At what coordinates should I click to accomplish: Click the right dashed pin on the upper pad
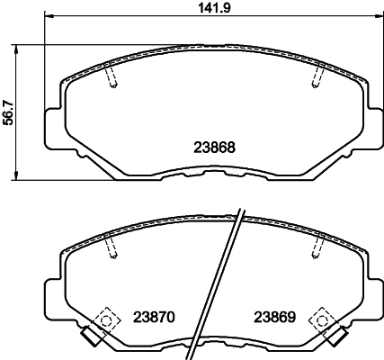pos(316,78)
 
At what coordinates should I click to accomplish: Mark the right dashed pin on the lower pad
pos(316,246)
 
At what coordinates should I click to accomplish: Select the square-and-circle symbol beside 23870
pos(107,318)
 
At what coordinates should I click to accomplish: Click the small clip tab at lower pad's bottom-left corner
pos(88,337)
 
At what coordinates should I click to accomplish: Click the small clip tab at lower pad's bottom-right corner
pos(340,337)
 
